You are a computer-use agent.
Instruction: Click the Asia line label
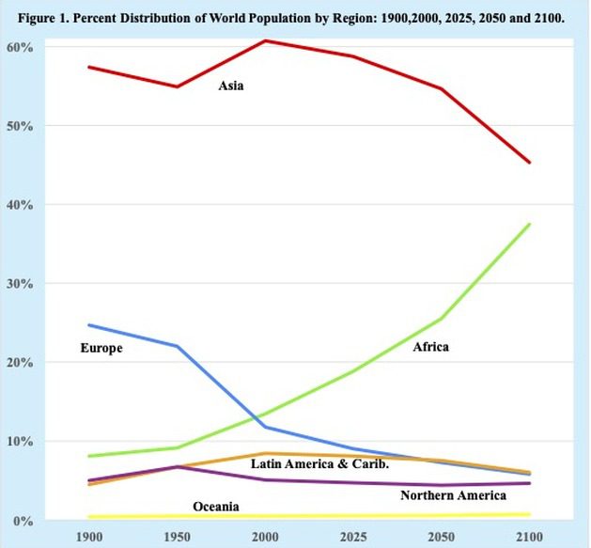click(x=231, y=86)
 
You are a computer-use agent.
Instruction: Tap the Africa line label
click(x=430, y=347)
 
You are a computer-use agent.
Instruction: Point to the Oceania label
click(x=216, y=507)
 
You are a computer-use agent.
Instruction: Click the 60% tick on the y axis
click(x=21, y=47)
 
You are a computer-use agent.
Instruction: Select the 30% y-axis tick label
click(x=21, y=283)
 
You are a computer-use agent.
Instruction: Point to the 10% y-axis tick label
click(x=21, y=441)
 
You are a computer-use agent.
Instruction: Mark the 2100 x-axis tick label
click(x=530, y=537)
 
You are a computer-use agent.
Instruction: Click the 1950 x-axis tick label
click(x=179, y=537)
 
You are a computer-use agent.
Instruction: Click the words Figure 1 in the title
click(x=56, y=17)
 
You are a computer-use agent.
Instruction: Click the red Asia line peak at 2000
click(x=265, y=40)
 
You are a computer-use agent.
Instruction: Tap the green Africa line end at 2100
click(x=530, y=224)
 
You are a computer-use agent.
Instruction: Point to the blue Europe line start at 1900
click(x=87, y=325)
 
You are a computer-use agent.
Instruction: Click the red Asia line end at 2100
click(x=530, y=163)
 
